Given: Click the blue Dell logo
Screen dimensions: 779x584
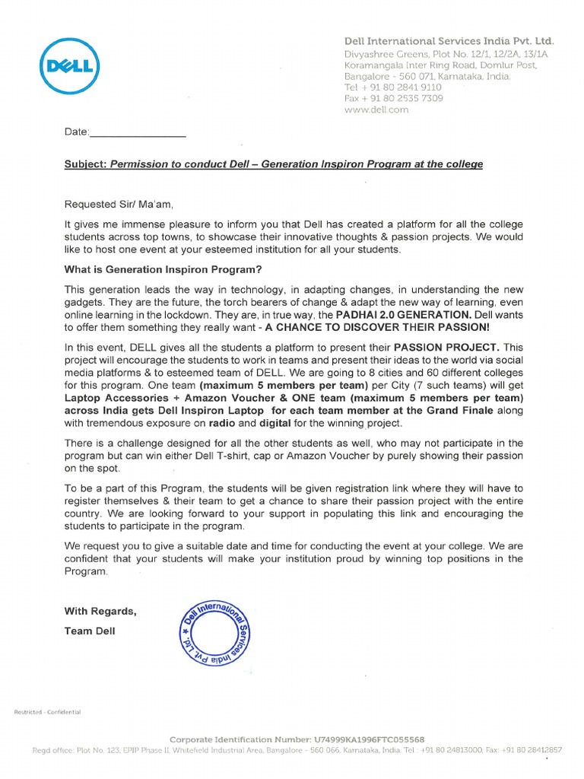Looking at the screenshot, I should click(x=67, y=67).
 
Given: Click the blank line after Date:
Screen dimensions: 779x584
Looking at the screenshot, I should click(x=138, y=132).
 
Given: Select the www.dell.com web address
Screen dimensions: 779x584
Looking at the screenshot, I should click(x=376, y=110).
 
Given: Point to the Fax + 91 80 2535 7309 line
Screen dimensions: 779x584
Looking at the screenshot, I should click(x=394, y=98).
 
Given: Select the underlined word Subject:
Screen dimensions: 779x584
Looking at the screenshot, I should click(x=85, y=164).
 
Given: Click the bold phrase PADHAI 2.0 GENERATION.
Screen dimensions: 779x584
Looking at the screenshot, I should click(x=402, y=316).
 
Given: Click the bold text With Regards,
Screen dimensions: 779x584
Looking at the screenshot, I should click(x=100, y=611).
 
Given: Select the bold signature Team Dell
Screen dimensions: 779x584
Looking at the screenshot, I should click(x=89, y=631).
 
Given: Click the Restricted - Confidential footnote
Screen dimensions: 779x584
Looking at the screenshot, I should click(x=47, y=711).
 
